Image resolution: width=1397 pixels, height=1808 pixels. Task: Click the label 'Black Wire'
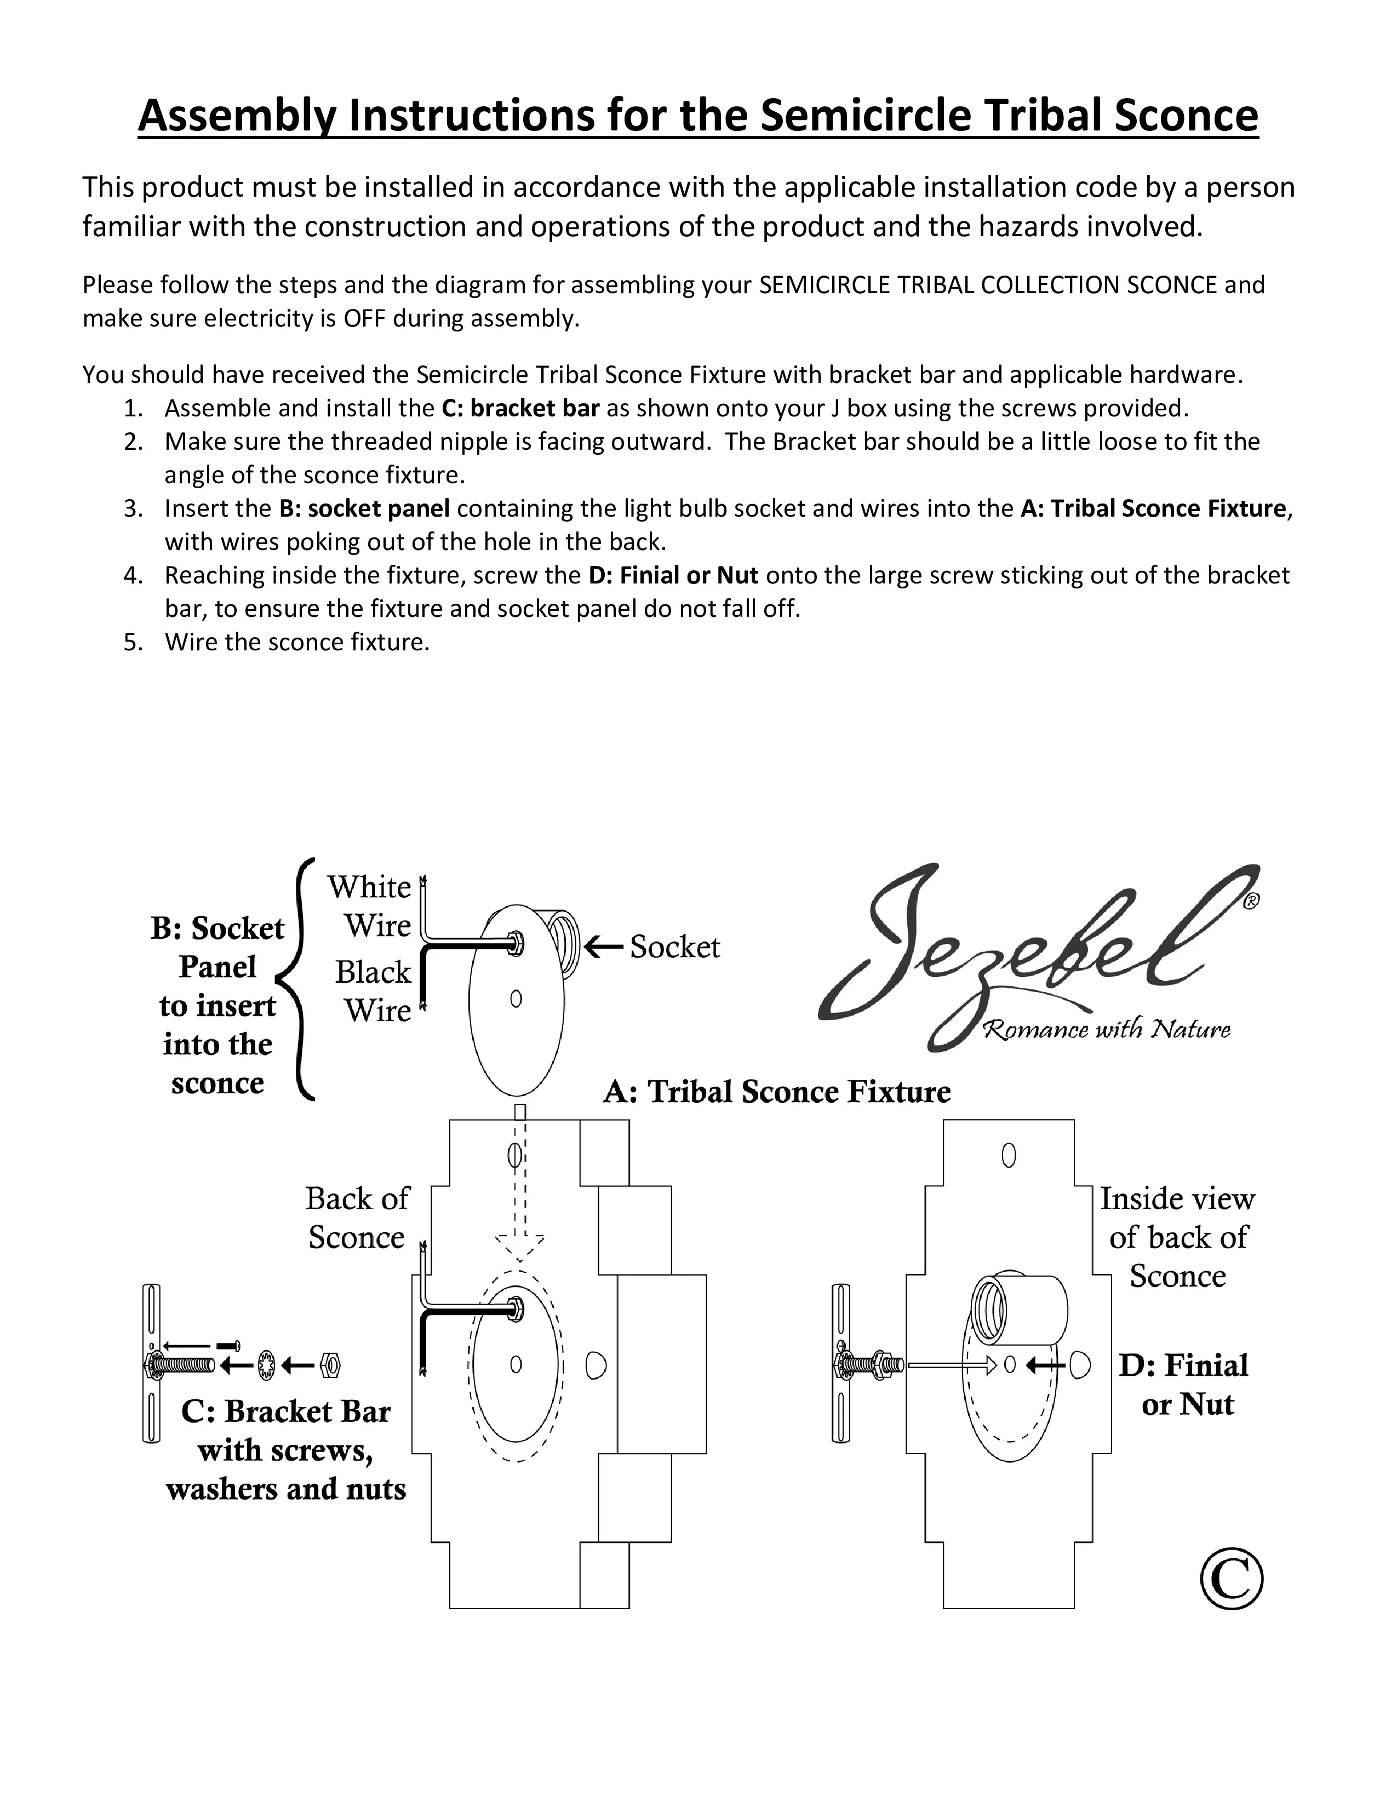[x=373, y=991]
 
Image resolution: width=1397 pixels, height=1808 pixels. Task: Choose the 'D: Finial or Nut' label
[x=1184, y=1385]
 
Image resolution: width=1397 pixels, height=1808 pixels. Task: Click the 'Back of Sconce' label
[x=357, y=1218]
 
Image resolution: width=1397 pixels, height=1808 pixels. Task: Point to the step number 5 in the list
[x=133, y=643]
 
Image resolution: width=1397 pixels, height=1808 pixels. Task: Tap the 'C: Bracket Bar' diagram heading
[x=285, y=1411]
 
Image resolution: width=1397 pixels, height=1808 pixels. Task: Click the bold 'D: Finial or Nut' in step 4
[x=673, y=575]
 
